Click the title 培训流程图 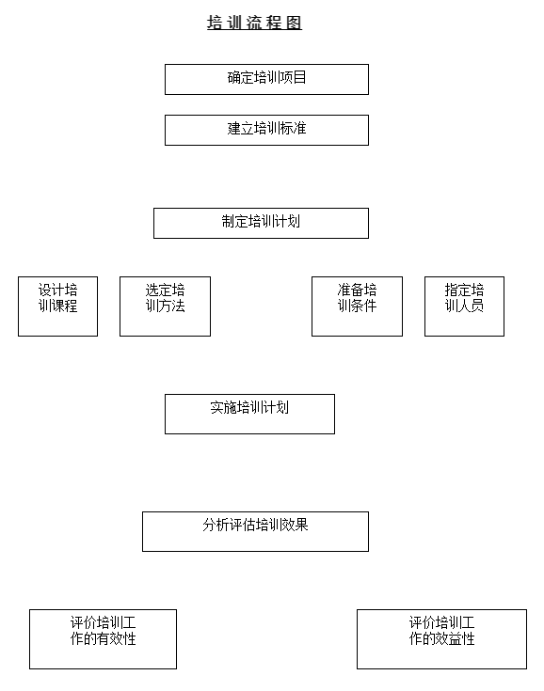254,23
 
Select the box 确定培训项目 266,79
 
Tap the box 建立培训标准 266,130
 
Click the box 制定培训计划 261,223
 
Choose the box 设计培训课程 57,306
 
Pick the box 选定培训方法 165,306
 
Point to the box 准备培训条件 357,306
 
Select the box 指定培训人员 464,306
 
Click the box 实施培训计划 249,414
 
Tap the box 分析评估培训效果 255,531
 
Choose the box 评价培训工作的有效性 103,639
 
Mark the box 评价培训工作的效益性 441,639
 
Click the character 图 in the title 294,23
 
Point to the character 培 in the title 215,23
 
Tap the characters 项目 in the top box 293,77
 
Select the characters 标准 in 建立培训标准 293,128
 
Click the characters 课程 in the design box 64,306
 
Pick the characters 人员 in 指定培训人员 471,306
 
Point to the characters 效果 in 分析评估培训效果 295,525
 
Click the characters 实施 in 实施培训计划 223,407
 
